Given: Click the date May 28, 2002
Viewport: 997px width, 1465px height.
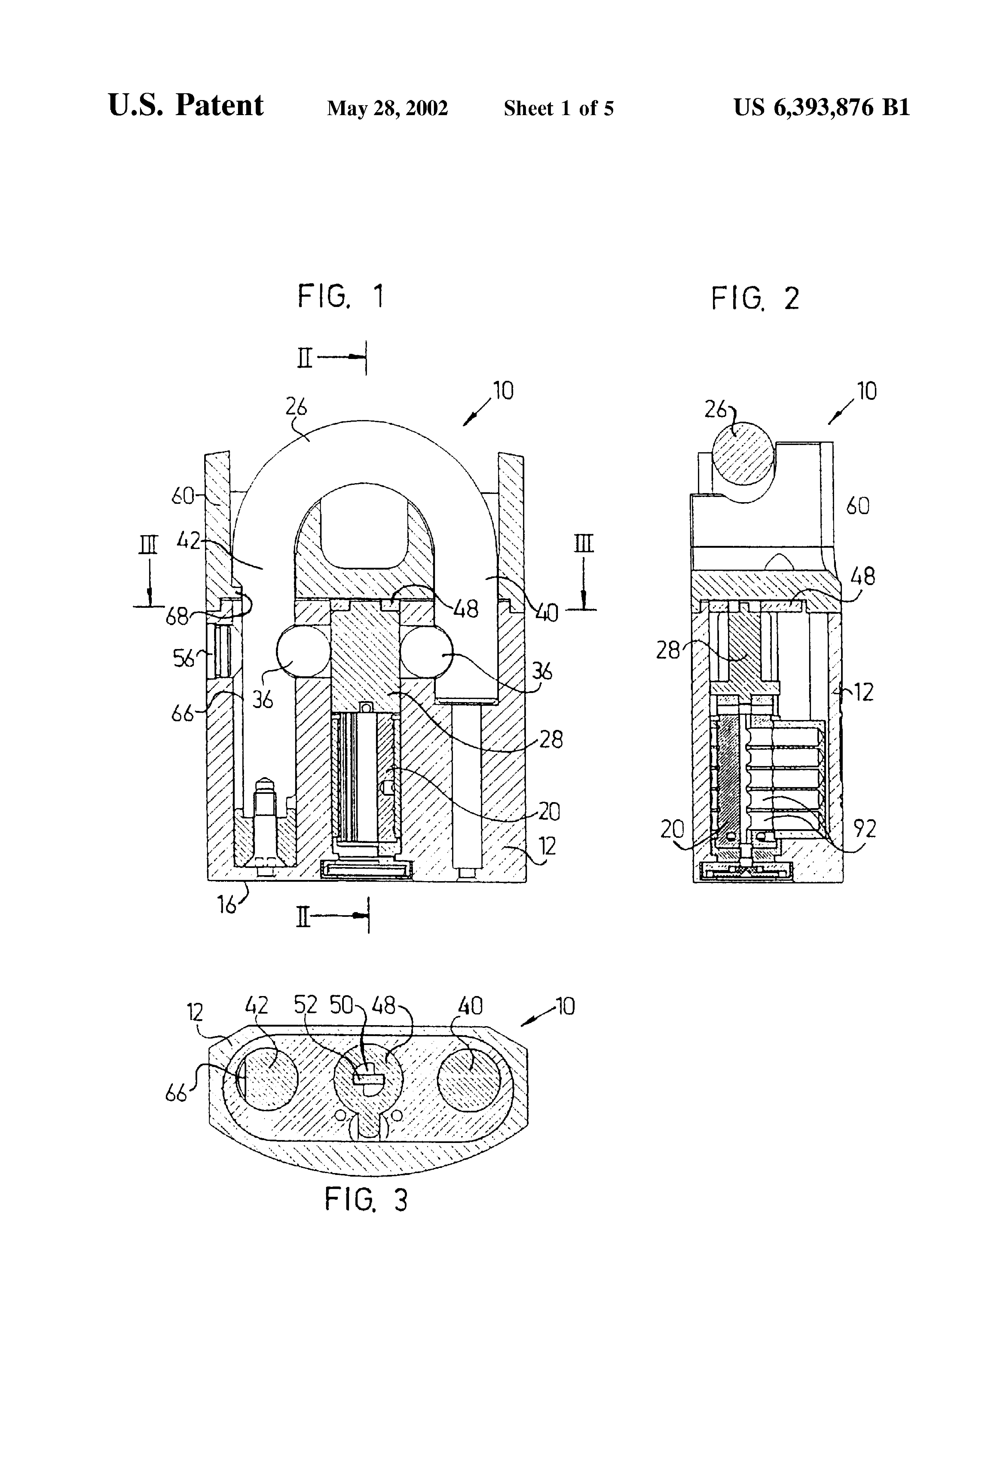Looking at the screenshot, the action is pos(387,109).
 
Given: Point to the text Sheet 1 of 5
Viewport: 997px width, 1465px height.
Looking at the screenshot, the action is pos(558,109).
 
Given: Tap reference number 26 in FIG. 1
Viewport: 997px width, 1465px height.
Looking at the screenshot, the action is pos(296,407).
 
